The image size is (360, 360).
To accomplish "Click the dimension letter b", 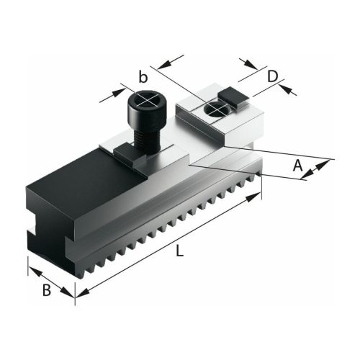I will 144,76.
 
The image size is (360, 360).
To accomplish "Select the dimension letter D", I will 273,76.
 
